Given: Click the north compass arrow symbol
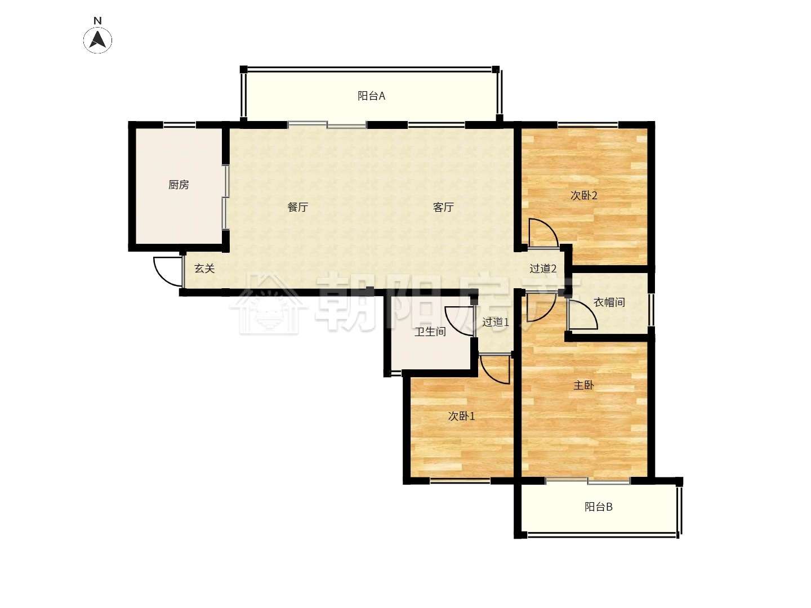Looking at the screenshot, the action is point(97,39).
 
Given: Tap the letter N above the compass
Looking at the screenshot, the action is point(97,21).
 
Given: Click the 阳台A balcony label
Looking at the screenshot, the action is point(371,96).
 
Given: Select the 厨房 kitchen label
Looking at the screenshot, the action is point(179,185).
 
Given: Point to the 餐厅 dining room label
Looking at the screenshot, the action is point(297,207).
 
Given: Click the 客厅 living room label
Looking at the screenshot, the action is point(443,207).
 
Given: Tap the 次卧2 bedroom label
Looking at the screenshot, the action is point(583,195).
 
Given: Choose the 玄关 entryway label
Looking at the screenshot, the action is point(204,269).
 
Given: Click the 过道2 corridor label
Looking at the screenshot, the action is point(542,269).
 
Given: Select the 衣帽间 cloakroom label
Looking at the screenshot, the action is point(609,302).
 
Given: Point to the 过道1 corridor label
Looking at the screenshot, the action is point(495,322).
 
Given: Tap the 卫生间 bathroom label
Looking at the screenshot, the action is point(430,332).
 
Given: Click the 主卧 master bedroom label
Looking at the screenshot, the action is point(583,386).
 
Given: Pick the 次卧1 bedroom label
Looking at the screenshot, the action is point(461,416).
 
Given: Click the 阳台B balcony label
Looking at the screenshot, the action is point(598,507).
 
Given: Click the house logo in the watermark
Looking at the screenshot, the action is point(268,303).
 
